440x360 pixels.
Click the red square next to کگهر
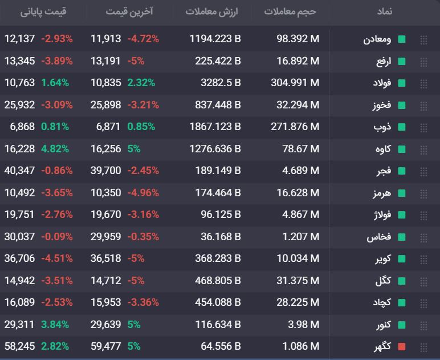tap(402, 346)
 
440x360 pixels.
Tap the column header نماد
tap(385, 11)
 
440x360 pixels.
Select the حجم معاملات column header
tap(290, 11)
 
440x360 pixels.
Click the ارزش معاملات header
tap(211, 11)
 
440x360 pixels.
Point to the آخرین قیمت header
tap(129, 11)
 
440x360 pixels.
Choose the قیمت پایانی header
tap(43, 11)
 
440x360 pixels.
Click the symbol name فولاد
tap(382, 83)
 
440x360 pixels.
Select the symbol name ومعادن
tap(377, 39)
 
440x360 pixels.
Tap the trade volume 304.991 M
tap(295, 83)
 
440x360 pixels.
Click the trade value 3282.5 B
tap(221, 83)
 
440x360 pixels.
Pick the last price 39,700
tap(106, 171)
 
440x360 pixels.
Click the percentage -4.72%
tap(143, 39)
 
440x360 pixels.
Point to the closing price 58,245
tap(19, 346)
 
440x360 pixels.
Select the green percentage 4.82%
tap(55, 148)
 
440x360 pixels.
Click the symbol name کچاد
tap(382, 302)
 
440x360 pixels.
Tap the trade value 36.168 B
tap(221, 236)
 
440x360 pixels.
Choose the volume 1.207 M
tap(301, 236)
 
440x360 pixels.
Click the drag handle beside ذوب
tap(423, 128)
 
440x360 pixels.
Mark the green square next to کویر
tap(402, 258)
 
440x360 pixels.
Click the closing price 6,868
tap(22, 127)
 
